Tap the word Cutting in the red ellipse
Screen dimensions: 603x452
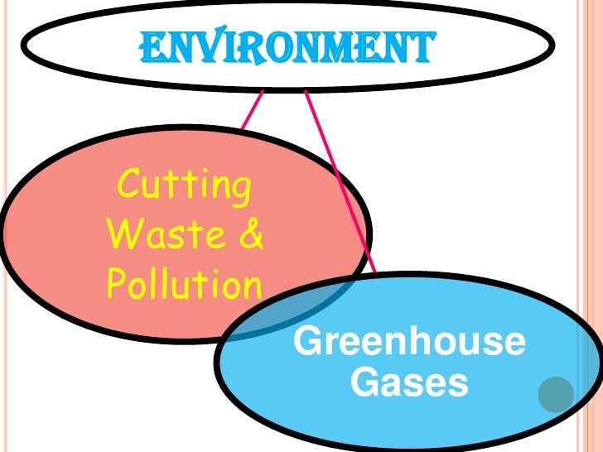(184, 184)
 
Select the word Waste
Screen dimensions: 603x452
(162, 235)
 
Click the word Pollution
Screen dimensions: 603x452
(184, 286)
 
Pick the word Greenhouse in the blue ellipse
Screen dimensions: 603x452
(409, 342)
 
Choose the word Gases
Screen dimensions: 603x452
(409, 382)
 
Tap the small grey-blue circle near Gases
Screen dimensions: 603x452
(555, 395)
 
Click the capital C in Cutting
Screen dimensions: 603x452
(130, 185)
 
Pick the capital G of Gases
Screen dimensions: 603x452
(365, 383)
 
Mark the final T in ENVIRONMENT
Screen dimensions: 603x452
(420, 48)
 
